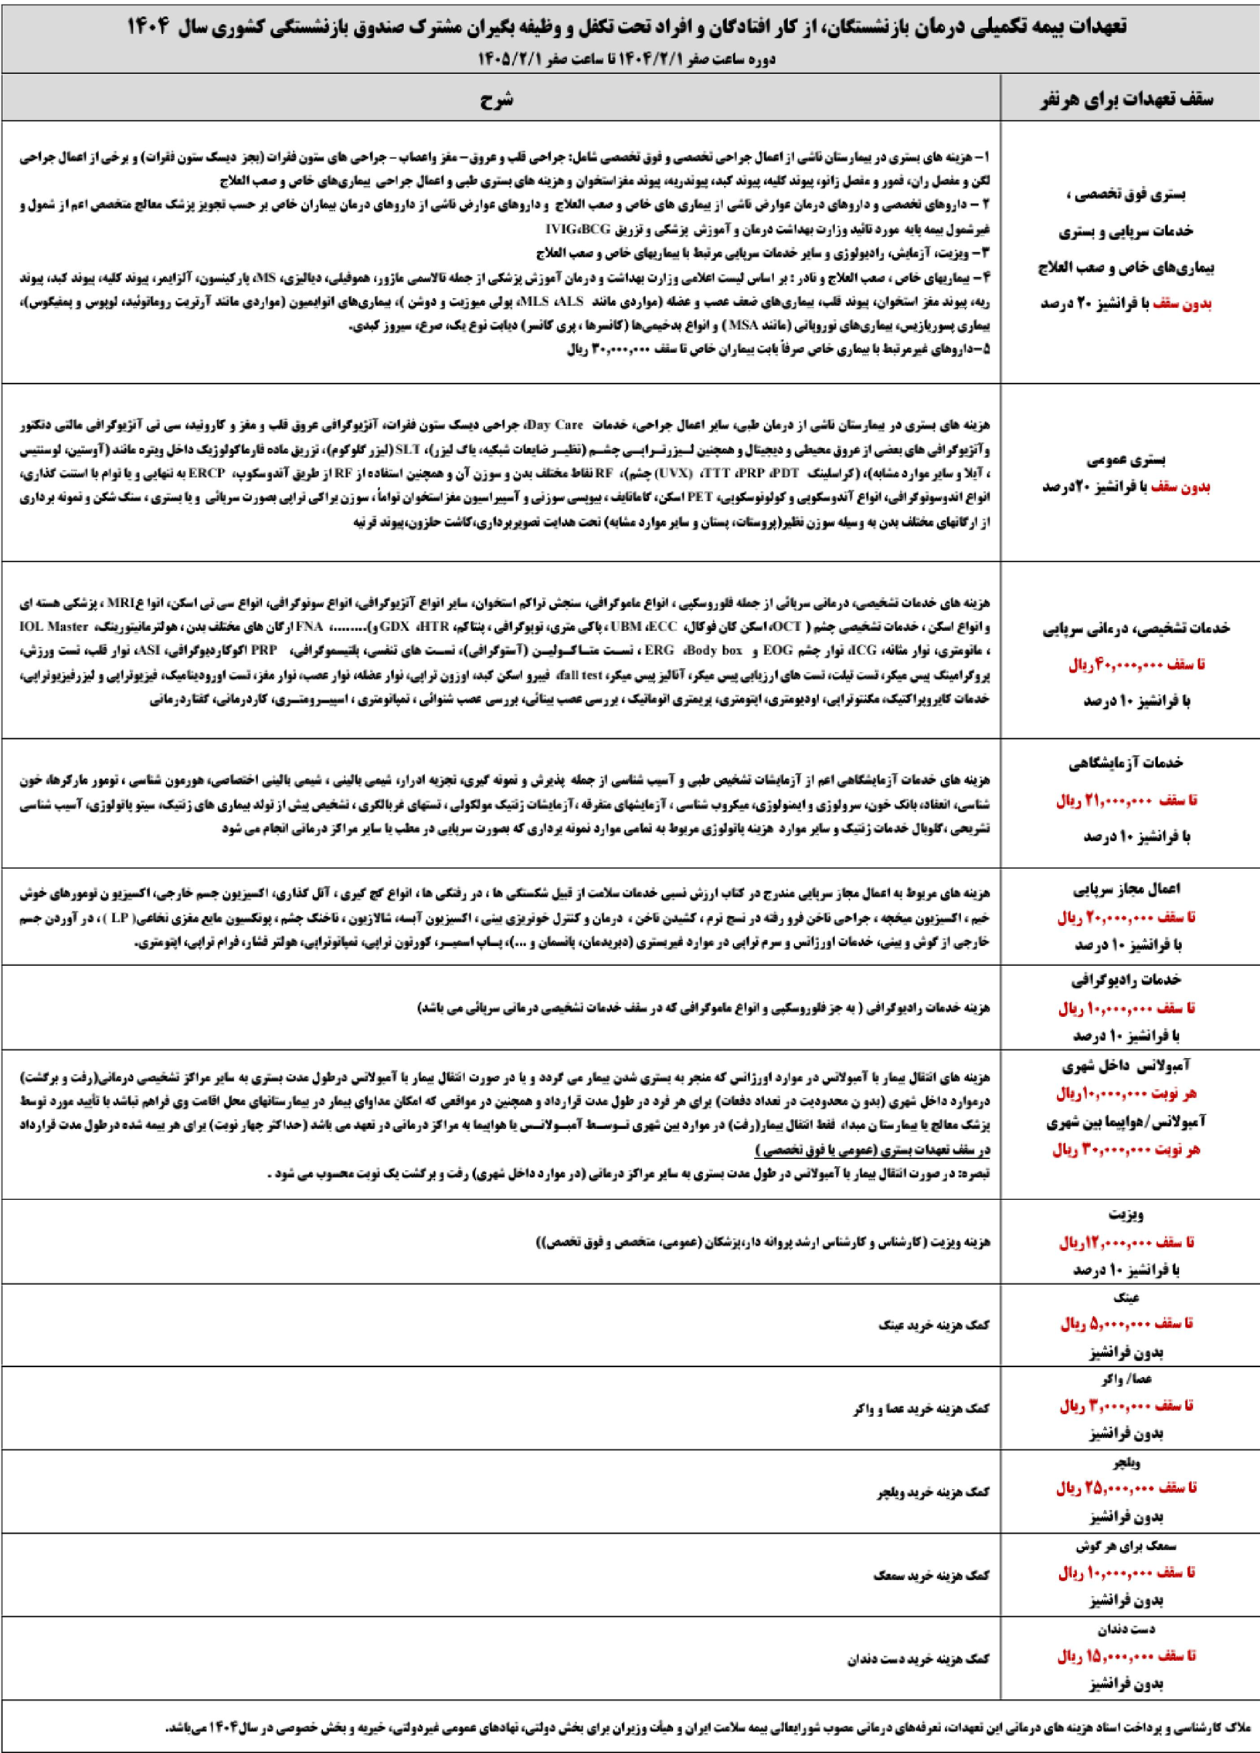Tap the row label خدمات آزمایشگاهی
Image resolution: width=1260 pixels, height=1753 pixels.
pos(1131,764)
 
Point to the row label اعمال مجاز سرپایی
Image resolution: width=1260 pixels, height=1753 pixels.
pos(1131,890)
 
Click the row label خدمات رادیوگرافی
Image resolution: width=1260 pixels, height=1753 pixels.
pos(1131,980)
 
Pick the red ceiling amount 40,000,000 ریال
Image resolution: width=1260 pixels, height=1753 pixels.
pos(1131,665)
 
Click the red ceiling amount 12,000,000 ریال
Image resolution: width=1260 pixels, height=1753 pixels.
pos(1126,1242)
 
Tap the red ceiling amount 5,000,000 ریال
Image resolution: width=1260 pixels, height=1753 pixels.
pos(1126,1324)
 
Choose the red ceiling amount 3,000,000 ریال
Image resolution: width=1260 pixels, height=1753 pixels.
pos(1126,1405)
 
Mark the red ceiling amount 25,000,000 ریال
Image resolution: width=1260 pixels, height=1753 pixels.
pos(1126,1487)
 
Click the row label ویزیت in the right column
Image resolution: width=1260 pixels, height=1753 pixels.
pos(1130,1214)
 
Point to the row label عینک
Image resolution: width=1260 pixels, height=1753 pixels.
pos(1130,1297)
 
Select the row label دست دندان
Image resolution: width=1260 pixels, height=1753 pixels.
pos(1130,1623)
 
